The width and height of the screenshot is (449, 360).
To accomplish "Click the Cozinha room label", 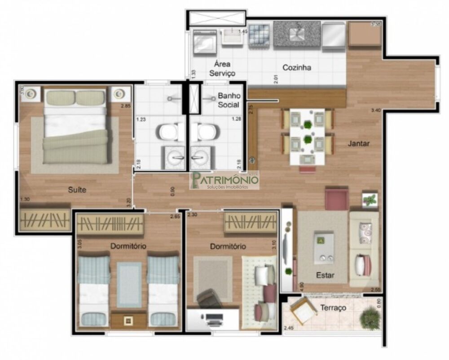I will [x=297, y=68].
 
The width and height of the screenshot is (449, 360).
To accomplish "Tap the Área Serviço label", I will [x=219, y=69].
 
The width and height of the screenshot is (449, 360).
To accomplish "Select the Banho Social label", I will [x=229, y=100].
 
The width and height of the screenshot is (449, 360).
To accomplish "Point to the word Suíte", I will [x=77, y=190].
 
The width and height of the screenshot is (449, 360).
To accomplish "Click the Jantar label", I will [x=359, y=144].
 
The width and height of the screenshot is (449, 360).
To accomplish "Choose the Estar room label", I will [x=325, y=275].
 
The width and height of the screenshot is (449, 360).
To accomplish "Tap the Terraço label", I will [x=333, y=308].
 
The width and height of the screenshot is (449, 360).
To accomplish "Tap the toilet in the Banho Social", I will [x=204, y=133].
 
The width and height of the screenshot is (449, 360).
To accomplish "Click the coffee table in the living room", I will [x=324, y=247].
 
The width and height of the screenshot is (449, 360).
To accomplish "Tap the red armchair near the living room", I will [x=336, y=200].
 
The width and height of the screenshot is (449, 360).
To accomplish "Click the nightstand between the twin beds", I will [x=129, y=320].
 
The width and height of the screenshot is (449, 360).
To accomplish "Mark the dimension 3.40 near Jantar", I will [x=376, y=110].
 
